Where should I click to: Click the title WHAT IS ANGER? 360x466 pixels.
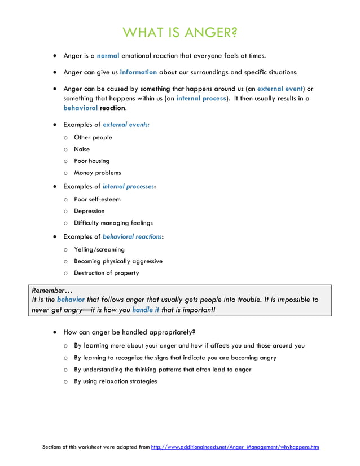[x=180, y=32]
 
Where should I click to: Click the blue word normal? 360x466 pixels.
[x=108, y=56]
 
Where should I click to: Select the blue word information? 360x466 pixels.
[x=138, y=72]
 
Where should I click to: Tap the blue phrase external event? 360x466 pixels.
[x=280, y=89]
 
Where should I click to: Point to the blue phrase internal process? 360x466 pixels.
[x=201, y=98]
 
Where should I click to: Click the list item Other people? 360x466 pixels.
[x=93, y=138]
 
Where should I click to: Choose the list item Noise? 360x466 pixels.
[x=82, y=150]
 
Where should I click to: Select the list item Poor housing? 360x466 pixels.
[x=92, y=161]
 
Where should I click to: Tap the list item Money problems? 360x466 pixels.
[x=97, y=173]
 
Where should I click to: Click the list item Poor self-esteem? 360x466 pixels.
[x=97, y=199]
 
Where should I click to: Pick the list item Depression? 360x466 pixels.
[x=89, y=211]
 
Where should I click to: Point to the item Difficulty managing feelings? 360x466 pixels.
[x=113, y=223]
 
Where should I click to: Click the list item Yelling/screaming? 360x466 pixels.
[x=99, y=249]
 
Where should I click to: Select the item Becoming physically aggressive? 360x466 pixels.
[x=118, y=261]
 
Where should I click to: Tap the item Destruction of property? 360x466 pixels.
[x=106, y=273]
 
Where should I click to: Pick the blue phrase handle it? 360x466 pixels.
[x=146, y=310]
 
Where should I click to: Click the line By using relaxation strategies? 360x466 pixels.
[x=115, y=381]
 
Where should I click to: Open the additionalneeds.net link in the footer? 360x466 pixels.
[x=235, y=447]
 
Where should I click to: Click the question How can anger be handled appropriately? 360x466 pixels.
[x=129, y=332]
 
